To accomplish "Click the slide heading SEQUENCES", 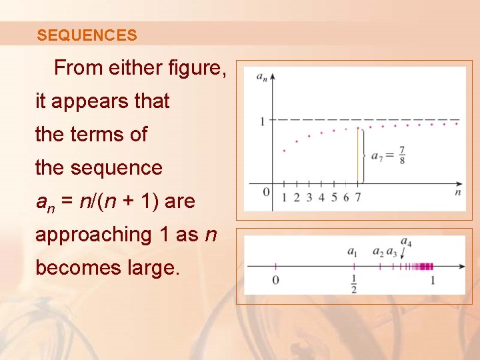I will coord(87,35).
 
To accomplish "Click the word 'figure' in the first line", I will coord(192,68).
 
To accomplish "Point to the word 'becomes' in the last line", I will coord(73,268).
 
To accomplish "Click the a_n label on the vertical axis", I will coord(263,77).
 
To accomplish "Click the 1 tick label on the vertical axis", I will coord(263,121).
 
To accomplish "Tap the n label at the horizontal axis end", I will coord(458,193).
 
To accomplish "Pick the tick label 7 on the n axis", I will coord(358,197).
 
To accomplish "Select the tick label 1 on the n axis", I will coord(284,197).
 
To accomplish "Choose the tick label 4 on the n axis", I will coord(321,197).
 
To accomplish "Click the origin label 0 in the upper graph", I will coord(267,193).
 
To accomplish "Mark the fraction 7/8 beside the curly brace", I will coord(401,155).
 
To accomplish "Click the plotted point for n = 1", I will coord(284,151).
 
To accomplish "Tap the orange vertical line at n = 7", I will coord(358,157).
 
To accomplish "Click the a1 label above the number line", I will coord(353,252).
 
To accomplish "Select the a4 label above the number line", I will coord(406,241).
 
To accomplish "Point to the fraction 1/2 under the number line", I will coord(353,283).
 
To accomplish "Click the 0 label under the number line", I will coord(275,280).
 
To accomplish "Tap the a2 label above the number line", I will coord(378,252).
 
